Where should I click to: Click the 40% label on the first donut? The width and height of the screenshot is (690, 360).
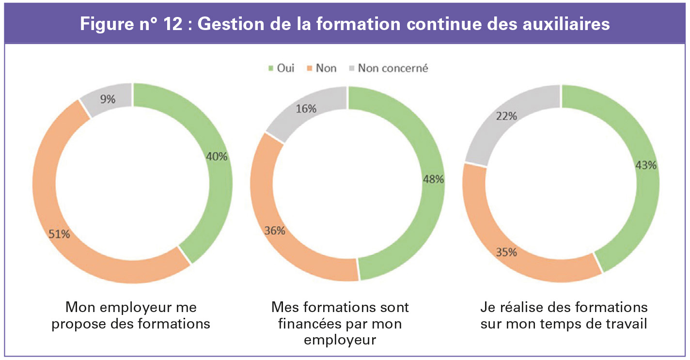coord(217,157)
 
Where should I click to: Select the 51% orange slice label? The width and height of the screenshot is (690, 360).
coord(59,235)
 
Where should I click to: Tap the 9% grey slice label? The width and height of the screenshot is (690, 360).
coord(108,99)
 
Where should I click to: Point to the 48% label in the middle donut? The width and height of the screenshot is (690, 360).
coord(433,179)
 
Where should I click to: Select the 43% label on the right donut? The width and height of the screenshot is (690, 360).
coord(645,165)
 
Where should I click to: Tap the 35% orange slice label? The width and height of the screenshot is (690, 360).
coord(506,252)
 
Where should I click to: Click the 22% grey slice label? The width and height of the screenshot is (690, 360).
coord(506,116)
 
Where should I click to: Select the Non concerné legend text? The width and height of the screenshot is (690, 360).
coord(393,68)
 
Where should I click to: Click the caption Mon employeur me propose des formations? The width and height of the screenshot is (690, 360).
coord(131,315)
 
